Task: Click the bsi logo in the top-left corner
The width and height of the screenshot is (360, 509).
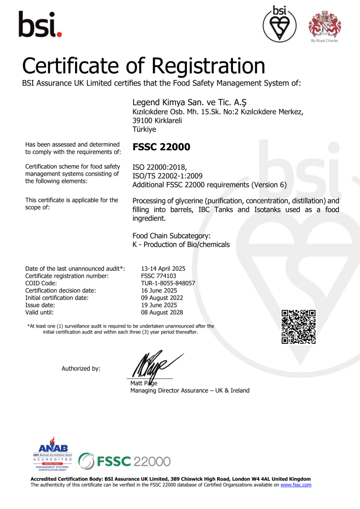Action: pos(40,24)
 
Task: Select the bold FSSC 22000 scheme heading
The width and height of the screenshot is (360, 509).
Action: pos(162,147)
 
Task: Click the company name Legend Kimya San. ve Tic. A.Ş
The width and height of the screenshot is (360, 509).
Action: pos(189,102)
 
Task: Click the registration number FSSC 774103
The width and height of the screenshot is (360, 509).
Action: pos(159,276)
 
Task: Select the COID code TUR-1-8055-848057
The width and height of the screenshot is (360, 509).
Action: pos(168,283)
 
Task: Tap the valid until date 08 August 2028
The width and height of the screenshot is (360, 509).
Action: pos(162,312)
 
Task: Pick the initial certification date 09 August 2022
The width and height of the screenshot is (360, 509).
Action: pos(162,297)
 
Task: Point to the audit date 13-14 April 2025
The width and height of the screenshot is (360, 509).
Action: pos(163,268)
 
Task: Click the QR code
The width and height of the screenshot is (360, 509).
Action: pos(298,327)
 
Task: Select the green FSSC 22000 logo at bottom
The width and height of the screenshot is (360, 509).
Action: pos(125,462)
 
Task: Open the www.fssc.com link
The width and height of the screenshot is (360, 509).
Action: pos(296,485)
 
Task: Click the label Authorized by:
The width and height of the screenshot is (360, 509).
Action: pos(81,368)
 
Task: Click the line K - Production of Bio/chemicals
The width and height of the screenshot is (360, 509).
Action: pos(181,244)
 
